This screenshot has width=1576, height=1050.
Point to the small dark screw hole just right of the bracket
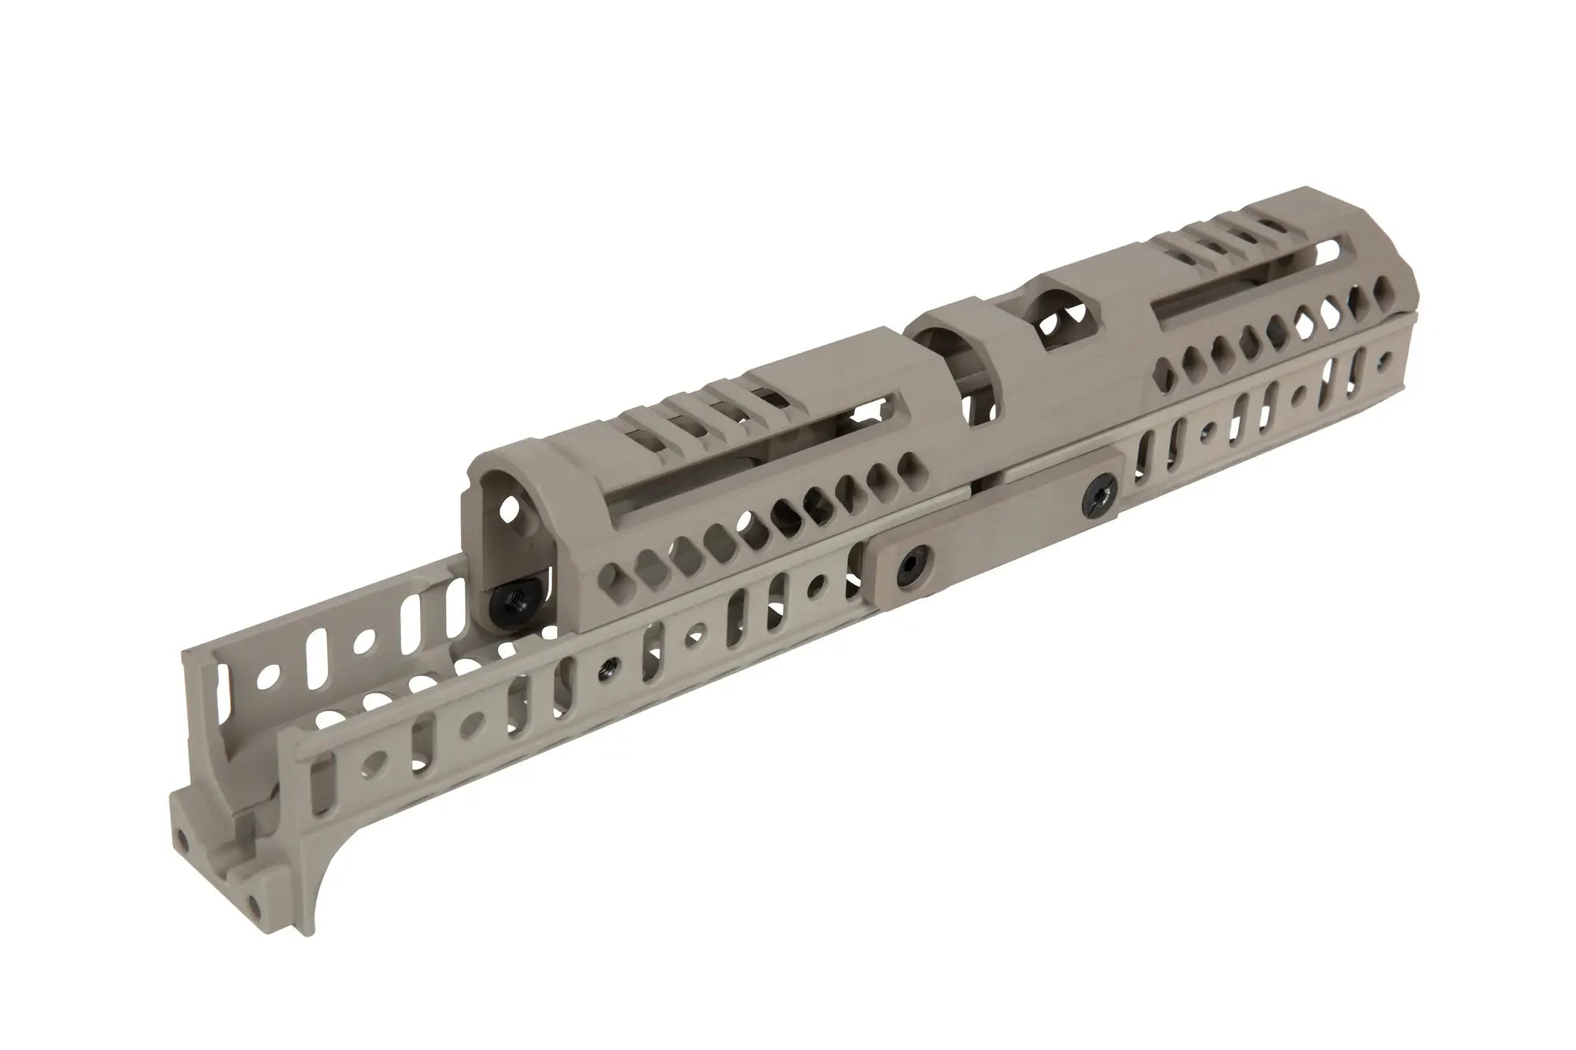coord(1206,430)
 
